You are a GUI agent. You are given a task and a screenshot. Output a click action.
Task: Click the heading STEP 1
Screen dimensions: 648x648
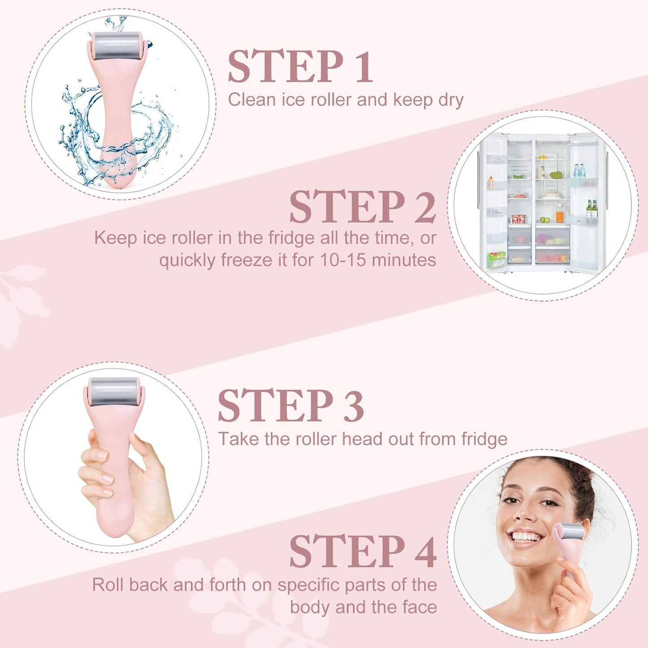(300, 67)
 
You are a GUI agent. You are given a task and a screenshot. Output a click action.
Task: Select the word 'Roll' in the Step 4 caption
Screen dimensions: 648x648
(108, 585)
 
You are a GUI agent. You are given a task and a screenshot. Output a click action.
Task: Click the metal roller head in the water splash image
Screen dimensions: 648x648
(118, 46)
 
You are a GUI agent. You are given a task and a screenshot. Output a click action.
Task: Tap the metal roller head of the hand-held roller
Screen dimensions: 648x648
(114, 391)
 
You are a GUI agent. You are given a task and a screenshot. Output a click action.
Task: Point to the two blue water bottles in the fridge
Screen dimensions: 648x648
(579, 171)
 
